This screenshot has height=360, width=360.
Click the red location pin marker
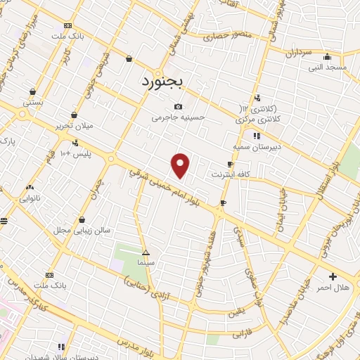181,165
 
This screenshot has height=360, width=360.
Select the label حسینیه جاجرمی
179,118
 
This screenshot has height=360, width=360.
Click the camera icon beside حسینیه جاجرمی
179,107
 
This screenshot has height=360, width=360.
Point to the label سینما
146,262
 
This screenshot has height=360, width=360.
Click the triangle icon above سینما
146,252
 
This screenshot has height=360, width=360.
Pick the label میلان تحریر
74,126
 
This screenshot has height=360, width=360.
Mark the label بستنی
33,102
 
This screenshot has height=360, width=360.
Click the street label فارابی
243,335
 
